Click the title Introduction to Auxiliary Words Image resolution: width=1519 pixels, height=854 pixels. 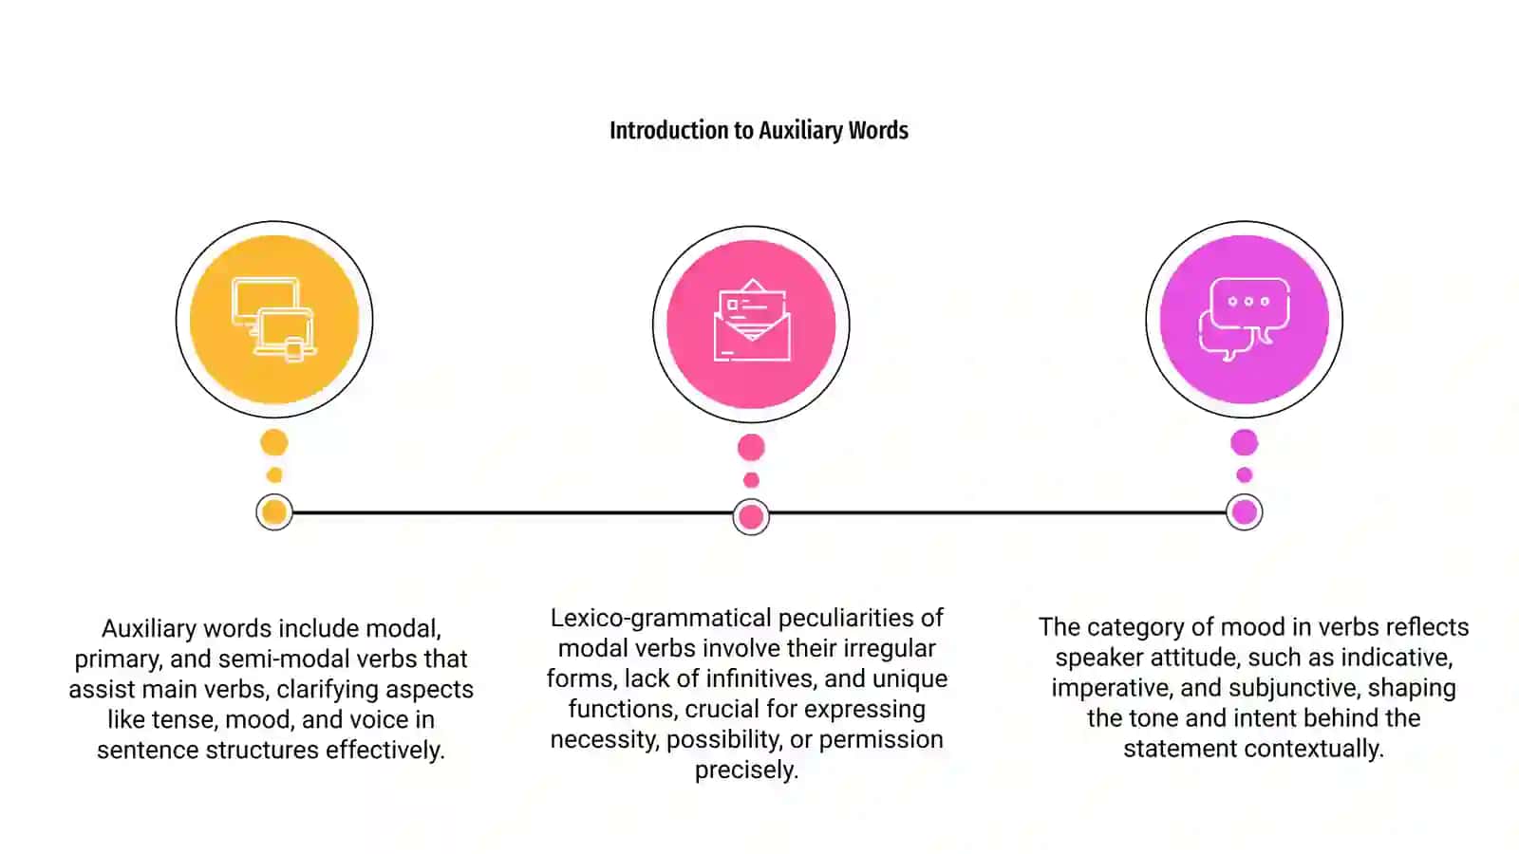(x=759, y=130)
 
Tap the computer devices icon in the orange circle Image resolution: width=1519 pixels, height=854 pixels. (x=274, y=319)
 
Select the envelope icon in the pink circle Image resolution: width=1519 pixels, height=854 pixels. (x=751, y=320)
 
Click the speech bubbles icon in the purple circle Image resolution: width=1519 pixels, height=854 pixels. (x=1245, y=319)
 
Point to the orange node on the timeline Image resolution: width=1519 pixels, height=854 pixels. (x=274, y=512)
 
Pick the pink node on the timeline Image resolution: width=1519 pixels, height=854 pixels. (x=751, y=517)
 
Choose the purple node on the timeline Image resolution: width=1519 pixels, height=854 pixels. (x=1245, y=512)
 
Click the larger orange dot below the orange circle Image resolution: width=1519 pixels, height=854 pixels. (x=274, y=442)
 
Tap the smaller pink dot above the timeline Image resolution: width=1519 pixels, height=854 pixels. (x=751, y=480)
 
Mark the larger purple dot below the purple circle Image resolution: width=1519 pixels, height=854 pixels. (x=1245, y=442)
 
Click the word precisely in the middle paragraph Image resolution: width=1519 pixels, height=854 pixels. (x=746, y=770)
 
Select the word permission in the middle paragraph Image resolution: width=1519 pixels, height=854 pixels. (x=881, y=739)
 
